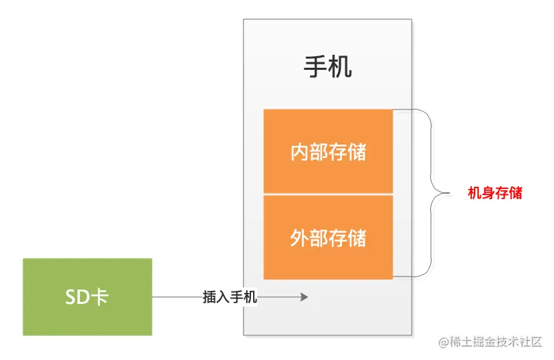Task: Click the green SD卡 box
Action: pos(88,297)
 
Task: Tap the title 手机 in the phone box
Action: pos(328,67)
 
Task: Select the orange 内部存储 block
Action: pos(328,152)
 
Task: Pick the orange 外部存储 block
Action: pos(328,238)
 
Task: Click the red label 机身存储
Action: pos(494,194)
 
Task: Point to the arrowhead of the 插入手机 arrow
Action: pos(304,297)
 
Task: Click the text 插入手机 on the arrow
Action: pos(230,297)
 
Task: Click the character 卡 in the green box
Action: pos(99,297)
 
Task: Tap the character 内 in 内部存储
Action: pos(300,152)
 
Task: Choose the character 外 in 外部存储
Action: pos(300,238)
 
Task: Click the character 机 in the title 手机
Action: pos(340,67)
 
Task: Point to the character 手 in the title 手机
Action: pos(315,67)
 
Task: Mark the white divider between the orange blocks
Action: pos(328,195)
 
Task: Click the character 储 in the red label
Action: pos(516,194)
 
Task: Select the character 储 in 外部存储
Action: pos(357,238)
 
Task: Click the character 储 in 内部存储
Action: pos(357,152)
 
